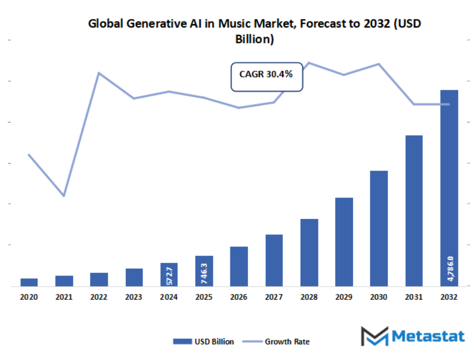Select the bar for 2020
[x=29, y=282]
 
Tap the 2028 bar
[x=309, y=252]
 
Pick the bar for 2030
[x=379, y=228]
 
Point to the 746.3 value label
[x=204, y=271]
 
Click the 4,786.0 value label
[x=450, y=269]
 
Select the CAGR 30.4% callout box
[x=266, y=77]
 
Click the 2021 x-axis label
[x=64, y=298]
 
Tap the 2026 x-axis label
[x=239, y=298]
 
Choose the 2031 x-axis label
[x=414, y=298]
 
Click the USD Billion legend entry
[x=203, y=342]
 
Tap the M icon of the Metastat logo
[x=374, y=336]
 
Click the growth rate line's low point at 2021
[x=64, y=196]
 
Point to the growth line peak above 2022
[x=99, y=73]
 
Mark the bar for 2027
[x=274, y=260]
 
